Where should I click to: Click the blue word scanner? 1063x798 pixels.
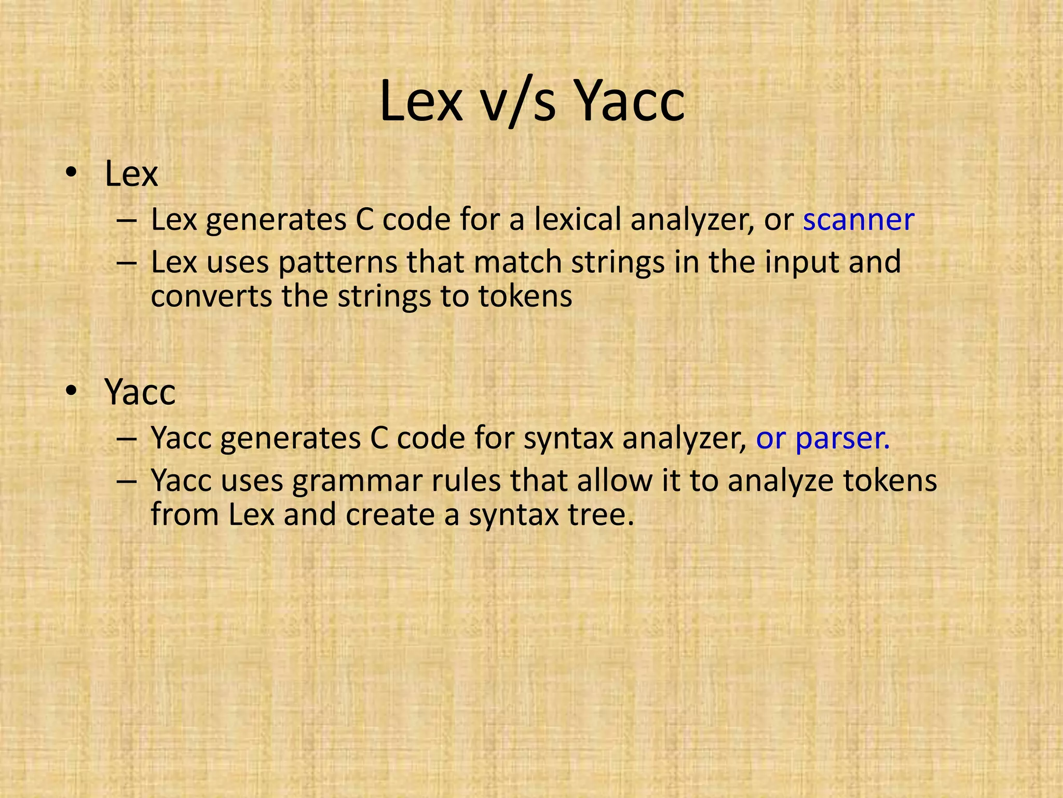858,220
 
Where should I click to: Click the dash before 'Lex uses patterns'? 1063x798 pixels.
127,262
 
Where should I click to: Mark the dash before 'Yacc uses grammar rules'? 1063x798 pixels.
127,481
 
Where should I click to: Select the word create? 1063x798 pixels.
389,515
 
